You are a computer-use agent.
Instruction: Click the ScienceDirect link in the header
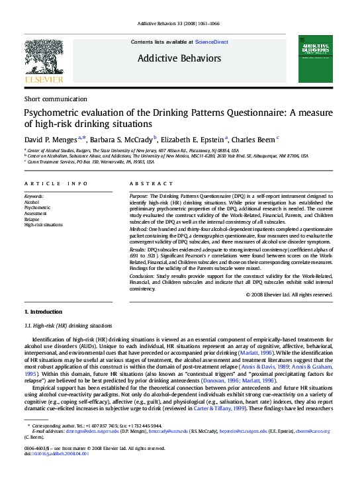coord(211,42)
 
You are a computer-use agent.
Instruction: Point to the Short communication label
coord(55,99)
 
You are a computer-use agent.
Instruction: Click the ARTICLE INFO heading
coord(56,183)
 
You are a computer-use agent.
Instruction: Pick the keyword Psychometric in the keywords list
coord(37,208)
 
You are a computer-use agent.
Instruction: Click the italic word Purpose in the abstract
coord(138,197)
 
